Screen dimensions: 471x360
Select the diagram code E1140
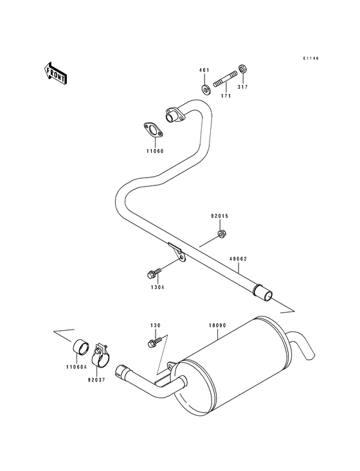(x=311, y=59)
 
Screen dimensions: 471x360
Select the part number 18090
(x=216, y=326)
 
